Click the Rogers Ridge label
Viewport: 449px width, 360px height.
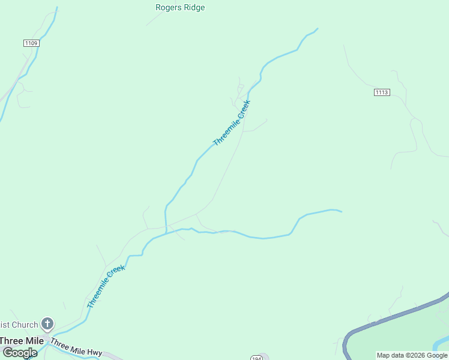(180, 8)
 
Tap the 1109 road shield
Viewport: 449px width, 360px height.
(31, 43)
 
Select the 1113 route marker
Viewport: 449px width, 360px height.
(382, 92)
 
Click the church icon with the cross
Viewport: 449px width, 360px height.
(47, 324)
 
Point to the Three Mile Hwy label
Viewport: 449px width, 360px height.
(76, 347)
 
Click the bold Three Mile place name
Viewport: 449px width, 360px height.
(22, 340)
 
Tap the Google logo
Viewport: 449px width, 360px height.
(20, 353)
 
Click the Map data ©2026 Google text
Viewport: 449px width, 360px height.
(412, 355)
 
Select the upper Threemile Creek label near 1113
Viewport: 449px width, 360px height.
(232, 123)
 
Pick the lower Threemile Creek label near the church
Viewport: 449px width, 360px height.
(106, 286)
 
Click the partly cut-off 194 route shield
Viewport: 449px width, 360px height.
(257, 357)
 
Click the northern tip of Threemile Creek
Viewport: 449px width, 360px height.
(317, 28)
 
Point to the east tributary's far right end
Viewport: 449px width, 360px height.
(341, 211)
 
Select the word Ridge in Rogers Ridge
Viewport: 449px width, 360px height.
(194, 8)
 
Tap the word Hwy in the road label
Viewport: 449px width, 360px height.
(94, 352)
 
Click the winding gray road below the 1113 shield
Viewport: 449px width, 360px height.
(413, 126)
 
